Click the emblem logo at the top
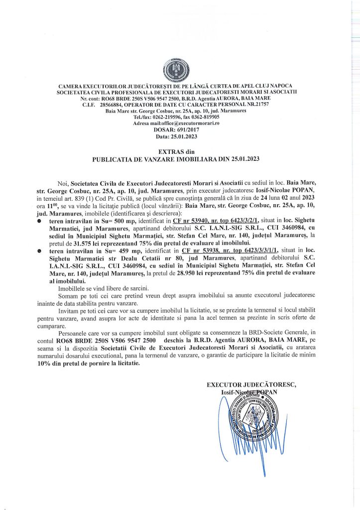click(x=180, y=69)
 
